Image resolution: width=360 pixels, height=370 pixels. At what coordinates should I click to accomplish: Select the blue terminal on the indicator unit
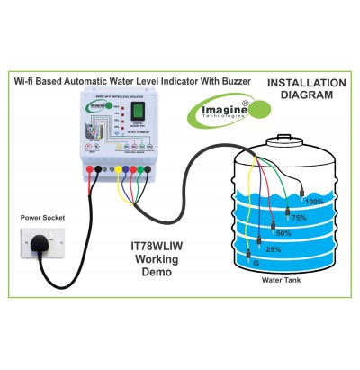click(132, 168)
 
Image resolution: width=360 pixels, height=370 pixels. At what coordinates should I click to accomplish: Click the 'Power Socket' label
click(44, 216)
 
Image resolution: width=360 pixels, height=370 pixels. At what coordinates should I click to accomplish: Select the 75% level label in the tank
click(298, 217)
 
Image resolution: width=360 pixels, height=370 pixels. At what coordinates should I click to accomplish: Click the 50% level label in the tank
click(283, 233)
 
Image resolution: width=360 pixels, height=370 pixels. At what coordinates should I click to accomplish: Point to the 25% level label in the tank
click(273, 248)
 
